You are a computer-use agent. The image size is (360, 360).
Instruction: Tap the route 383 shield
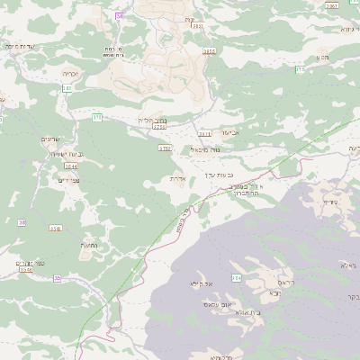click(67, 87)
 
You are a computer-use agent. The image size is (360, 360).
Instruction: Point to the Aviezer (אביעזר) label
click(229, 132)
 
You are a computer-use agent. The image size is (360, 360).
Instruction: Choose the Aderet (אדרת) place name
click(178, 178)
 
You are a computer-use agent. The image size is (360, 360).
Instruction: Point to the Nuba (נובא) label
click(271, 292)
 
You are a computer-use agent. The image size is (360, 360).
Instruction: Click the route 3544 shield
click(45, 166)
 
